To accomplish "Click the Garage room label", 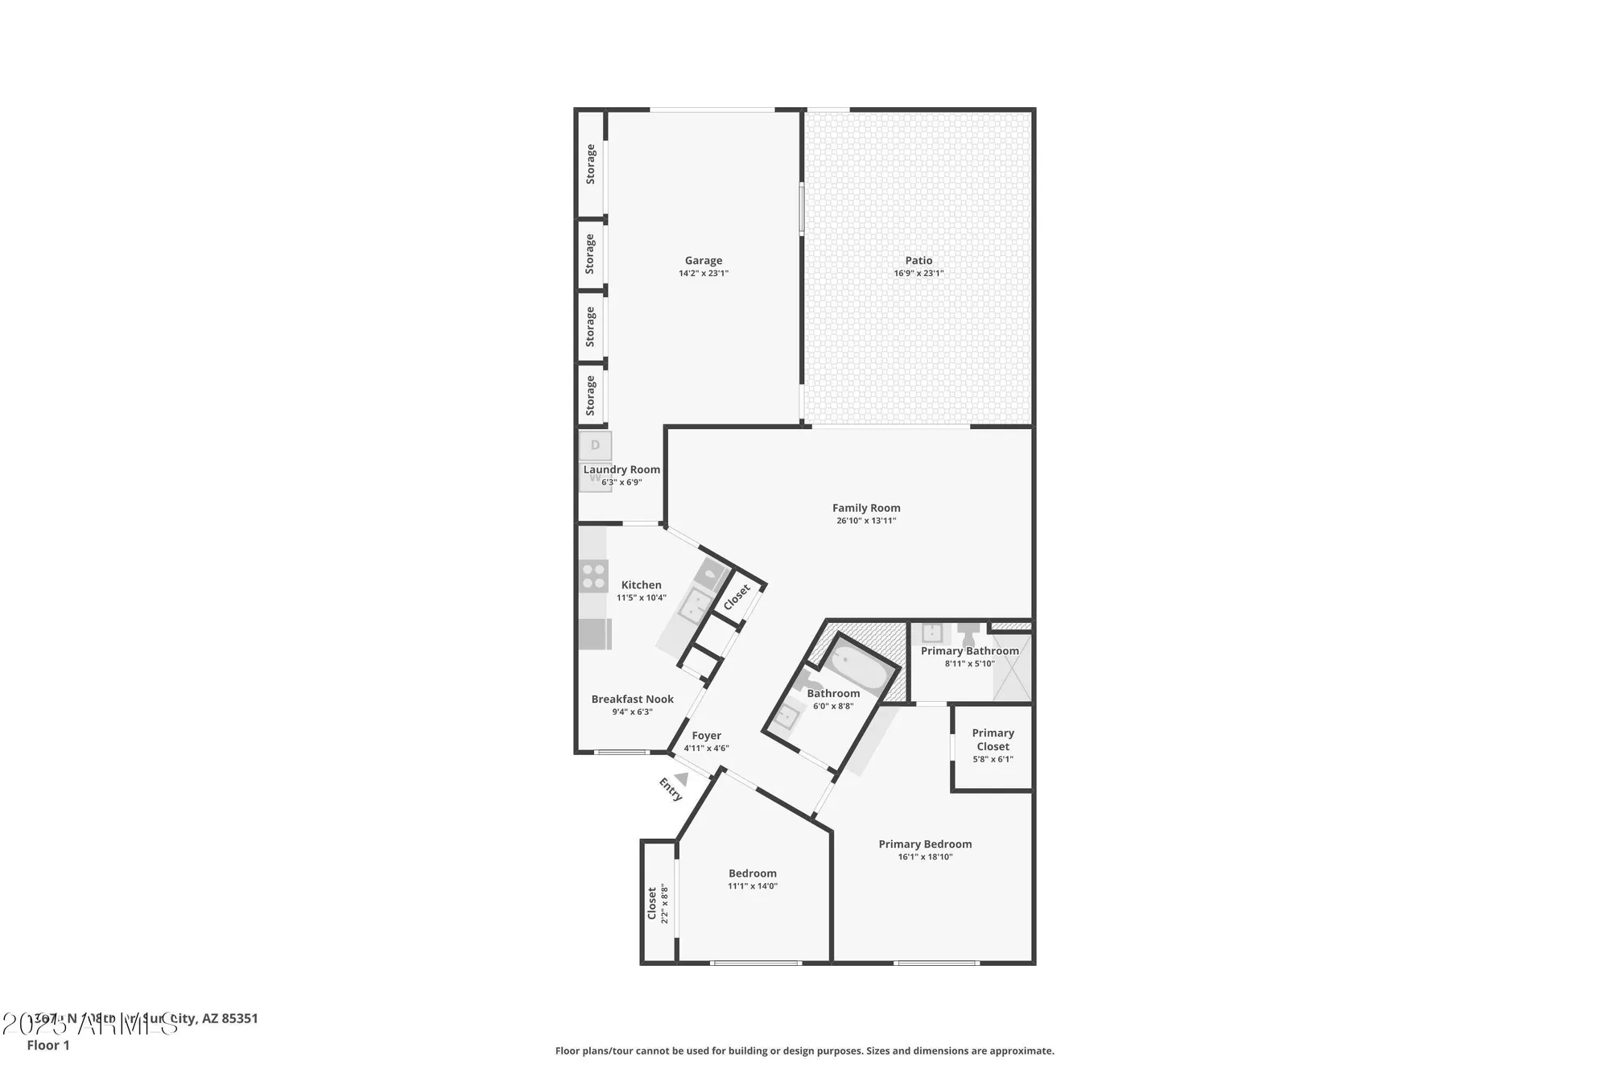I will [x=703, y=260].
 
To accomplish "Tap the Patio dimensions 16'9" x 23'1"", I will [x=918, y=274].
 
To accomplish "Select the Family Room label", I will [x=866, y=508].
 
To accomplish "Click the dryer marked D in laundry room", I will [x=596, y=445].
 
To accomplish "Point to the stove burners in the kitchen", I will [x=594, y=576].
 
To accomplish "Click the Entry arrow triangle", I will [x=682, y=778].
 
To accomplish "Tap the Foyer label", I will [x=706, y=736].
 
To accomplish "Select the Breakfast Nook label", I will [x=632, y=700].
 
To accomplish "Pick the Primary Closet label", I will [x=993, y=740].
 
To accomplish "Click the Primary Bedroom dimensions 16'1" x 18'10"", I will [x=925, y=857].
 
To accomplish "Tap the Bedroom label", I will [x=752, y=873].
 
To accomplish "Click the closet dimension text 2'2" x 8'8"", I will [x=665, y=904].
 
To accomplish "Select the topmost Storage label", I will [x=591, y=164].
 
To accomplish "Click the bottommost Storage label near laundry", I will [x=591, y=395].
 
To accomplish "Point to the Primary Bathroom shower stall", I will [x=1012, y=667].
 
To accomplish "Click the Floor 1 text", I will [x=48, y=1046].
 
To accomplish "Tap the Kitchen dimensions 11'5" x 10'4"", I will [x=641, y=598].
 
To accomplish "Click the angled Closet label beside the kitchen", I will [x=737, y=596].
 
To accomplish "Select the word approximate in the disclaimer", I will [x=1027, y=1050].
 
